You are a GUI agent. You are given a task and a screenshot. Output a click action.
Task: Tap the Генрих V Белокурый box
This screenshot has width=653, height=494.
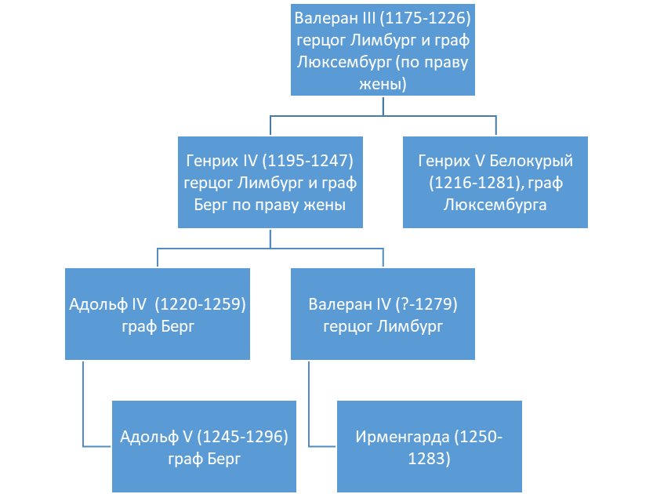pyautogui.click(x=495, y=183)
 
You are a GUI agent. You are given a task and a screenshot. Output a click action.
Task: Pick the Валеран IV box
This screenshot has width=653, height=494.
pyautogui.click(x=383, y=314)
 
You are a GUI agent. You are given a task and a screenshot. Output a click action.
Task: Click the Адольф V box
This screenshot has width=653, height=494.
pyautogui.click(x=204, y=446)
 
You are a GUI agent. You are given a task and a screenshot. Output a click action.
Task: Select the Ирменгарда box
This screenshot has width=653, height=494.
pyautogui.click(x=430, y=446)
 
